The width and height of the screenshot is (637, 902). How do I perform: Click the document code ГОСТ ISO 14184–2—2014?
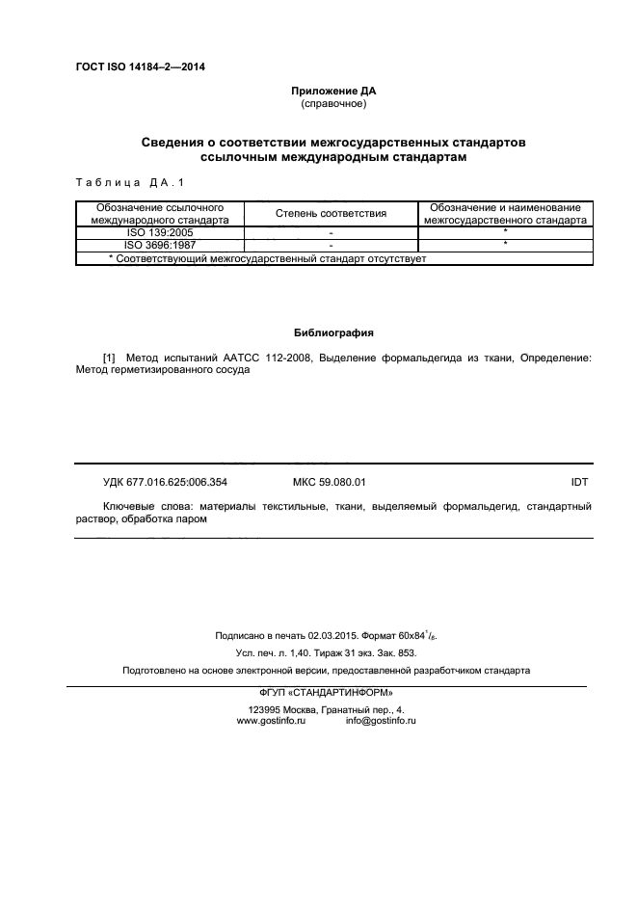140,67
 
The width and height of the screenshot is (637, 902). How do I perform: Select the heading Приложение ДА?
333,92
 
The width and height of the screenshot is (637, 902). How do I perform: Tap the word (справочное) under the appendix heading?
333,104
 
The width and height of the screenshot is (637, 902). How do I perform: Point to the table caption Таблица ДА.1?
128,182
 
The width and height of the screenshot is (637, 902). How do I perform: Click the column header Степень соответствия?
331,213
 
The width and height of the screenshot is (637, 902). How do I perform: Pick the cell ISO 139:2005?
159,232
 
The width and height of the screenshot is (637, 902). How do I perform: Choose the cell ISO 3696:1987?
159,245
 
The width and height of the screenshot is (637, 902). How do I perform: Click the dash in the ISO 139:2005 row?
331,233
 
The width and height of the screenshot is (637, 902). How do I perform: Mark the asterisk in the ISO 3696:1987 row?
505,245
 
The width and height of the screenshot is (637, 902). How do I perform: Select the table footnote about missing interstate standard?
268,258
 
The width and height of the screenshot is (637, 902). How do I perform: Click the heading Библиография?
333,332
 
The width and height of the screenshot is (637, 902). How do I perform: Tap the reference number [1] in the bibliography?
109,358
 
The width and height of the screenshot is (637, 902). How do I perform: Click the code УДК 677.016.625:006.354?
165,481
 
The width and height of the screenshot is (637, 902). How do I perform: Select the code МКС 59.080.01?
329,481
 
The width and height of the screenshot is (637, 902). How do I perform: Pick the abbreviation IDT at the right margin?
580,481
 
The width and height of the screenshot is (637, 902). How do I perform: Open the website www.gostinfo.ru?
271,722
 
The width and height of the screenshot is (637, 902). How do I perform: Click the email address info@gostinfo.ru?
381,722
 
